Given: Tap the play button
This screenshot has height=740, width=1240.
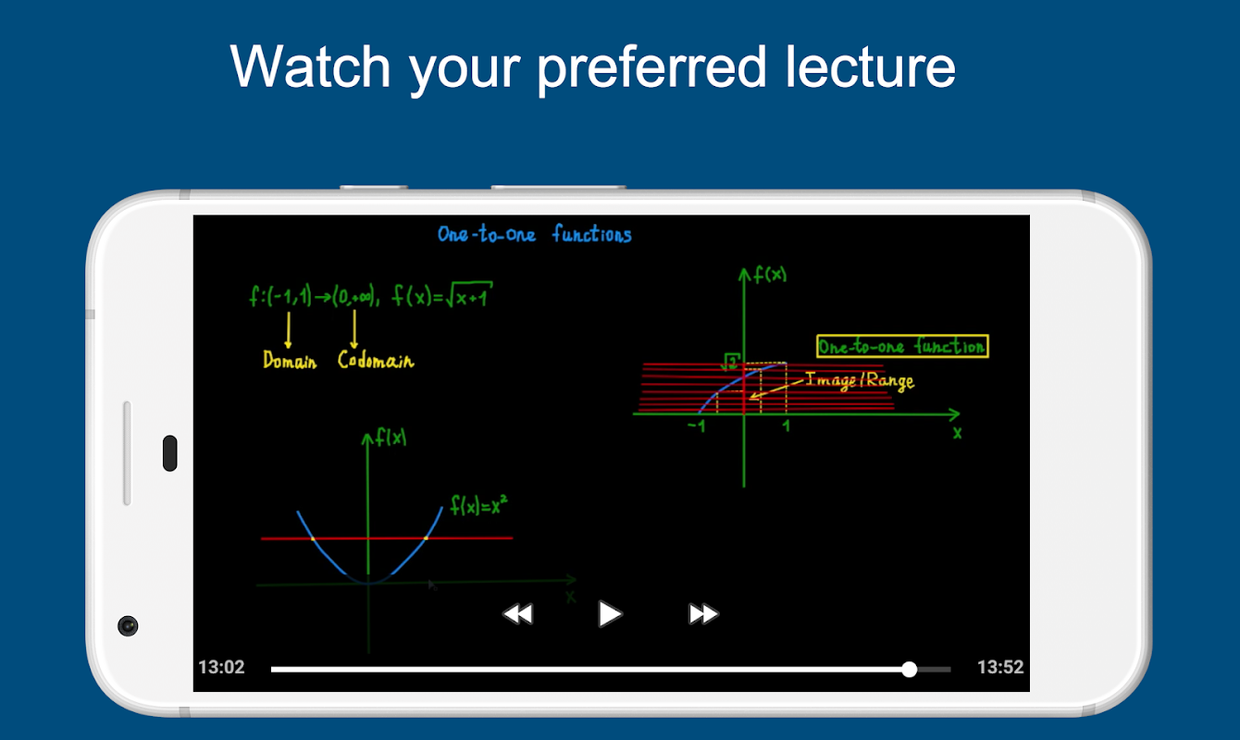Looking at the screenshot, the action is coord(610,614).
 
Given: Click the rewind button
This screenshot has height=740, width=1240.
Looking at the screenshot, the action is coord(517,614).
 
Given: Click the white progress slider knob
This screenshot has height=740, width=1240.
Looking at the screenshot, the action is coord(909,669).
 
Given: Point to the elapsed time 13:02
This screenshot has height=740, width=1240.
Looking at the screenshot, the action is coord(221,667).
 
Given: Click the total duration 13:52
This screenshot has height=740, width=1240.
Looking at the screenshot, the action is coord(1000,667).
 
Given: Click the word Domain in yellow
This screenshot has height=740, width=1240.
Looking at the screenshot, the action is coord(290,361).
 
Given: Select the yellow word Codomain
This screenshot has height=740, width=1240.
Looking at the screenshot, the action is coord(376,361).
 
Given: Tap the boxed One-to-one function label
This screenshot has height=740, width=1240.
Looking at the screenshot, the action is coord(902,347).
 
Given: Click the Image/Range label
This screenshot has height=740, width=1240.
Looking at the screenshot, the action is coord(860,381).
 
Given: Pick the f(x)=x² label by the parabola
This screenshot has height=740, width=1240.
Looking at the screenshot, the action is coord(478,505).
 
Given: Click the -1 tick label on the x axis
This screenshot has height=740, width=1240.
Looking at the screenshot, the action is coord(697,426).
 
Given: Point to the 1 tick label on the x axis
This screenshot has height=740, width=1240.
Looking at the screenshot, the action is coord(786,425).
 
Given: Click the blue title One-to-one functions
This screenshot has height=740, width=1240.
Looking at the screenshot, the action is coord(534,234).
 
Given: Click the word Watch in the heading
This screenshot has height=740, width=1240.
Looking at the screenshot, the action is coord(311,66).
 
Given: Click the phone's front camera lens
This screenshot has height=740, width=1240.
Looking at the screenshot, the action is coord(128,626).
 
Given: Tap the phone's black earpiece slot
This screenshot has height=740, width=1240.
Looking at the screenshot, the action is coord(170,453).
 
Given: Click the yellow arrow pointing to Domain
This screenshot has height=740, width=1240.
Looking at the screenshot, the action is coord(289,330).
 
